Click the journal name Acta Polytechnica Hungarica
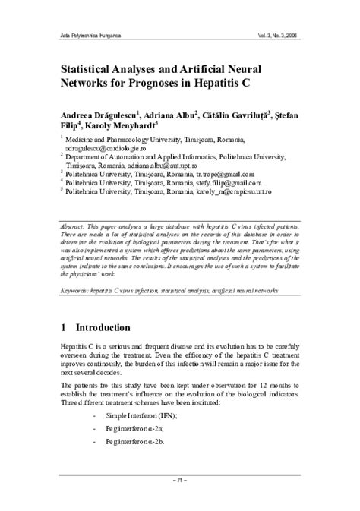[x=84, y=36]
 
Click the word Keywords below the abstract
[x=75, y=290]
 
